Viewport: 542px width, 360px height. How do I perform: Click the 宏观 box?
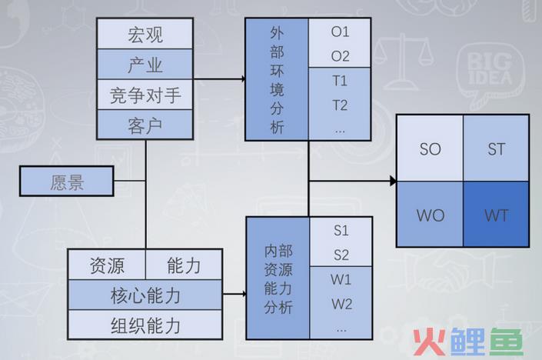[145, 34]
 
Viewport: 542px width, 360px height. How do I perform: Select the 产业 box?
[145, 65]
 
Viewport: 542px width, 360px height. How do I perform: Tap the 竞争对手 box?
[145, 95]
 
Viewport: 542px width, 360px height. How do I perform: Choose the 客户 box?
[145, 125]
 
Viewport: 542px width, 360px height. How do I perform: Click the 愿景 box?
[67, 182]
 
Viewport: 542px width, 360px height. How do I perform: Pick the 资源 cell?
[107, 265]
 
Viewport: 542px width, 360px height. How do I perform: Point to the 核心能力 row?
[145, 295]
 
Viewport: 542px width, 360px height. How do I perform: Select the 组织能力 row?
[145, 325]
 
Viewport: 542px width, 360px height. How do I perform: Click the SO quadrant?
[430, 148]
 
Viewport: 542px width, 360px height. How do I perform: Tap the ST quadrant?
[496, 148]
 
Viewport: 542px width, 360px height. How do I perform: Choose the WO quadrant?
[430, 214]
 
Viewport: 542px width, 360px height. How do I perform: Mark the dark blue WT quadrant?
[496, 214]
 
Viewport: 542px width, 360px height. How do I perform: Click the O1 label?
[340, 32]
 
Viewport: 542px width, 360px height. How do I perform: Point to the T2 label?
[340, 105]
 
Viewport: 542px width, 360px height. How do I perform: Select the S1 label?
[341, 231]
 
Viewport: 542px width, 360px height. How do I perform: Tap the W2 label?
[341, 304]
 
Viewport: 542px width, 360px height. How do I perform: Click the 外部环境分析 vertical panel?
[277, 79]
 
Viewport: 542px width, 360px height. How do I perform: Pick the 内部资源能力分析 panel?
[278, 278]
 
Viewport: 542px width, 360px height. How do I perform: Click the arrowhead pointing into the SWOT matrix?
[394, 181]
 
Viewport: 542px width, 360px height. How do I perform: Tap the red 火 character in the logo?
[429, 342]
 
